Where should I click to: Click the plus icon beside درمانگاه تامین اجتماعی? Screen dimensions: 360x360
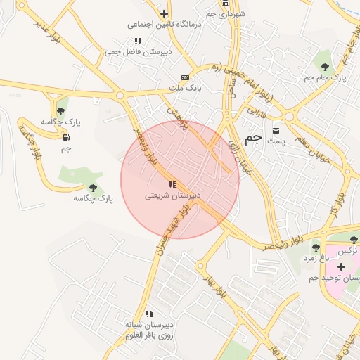click(164, 13)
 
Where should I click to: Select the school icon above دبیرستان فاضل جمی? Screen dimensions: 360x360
click(138, 41)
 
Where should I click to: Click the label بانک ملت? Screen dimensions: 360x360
click(185, 89)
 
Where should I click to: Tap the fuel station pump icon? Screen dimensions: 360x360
click(67, 137)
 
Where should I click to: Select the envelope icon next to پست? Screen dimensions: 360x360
click(276, 130)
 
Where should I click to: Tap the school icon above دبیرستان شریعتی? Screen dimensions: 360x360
click(172, 184)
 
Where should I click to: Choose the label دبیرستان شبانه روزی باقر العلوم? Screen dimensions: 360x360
click(149, 330)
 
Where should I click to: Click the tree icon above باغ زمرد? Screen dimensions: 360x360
click(316, 247)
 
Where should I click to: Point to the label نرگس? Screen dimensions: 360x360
click(349, 250)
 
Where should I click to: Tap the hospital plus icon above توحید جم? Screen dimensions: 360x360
click(341, 266)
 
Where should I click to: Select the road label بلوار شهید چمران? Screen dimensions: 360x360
click(174, 220)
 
